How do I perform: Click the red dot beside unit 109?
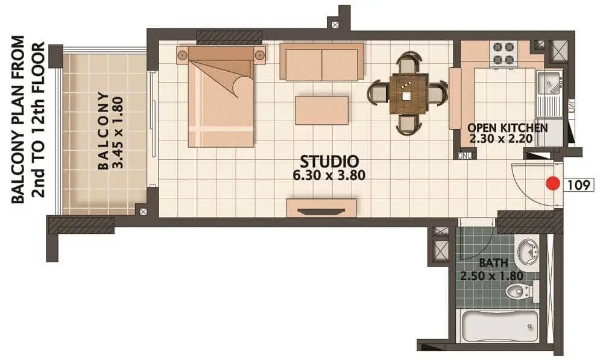point(553,183)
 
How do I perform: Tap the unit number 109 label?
point(579,185)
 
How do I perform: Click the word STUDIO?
point(329,162)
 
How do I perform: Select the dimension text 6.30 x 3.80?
point(329,175)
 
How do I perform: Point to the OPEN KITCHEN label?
point(507,128)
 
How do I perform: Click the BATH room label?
point(493,264)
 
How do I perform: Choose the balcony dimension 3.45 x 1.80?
point(119,132)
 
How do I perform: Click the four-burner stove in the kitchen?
point(504,52)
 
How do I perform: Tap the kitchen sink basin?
point(549,83)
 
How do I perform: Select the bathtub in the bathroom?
point(499,326)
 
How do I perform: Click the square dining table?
point(408,94)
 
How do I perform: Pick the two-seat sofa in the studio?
point(321,62)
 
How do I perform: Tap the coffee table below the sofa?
point(322,110)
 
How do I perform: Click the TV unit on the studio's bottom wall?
point(321,208)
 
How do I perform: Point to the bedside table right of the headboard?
point(260,54)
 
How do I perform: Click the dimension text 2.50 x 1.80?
point(492,276)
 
